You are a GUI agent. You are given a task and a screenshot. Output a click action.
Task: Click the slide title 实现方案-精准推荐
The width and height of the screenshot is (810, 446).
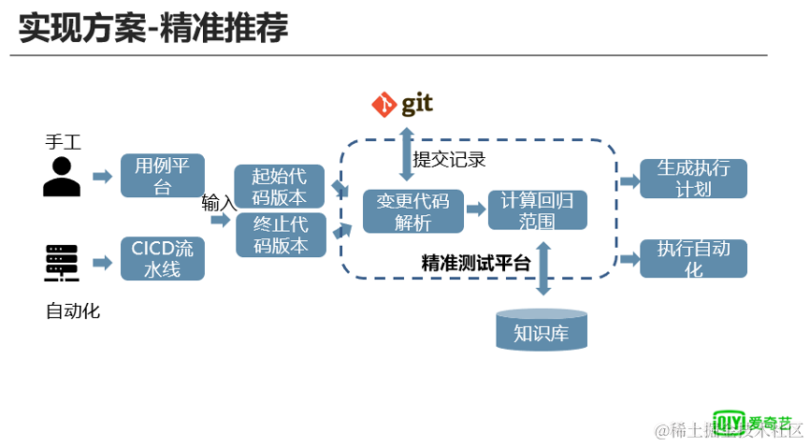click(153, 27)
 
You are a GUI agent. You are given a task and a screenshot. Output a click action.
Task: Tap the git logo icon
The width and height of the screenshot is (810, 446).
click(402, 105)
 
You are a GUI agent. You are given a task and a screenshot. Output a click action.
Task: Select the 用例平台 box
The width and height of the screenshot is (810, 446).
click(162, 176)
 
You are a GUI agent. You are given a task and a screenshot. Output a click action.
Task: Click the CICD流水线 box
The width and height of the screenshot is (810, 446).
click(162, 258)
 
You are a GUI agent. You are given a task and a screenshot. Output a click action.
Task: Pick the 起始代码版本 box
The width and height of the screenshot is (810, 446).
click(280, 186)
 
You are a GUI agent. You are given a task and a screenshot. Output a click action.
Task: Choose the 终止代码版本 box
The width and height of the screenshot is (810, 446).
click(280, 235)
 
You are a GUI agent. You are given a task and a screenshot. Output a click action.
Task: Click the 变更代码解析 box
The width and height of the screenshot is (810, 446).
click(412, 211)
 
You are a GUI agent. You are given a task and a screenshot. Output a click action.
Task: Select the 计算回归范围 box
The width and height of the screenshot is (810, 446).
click(537, 211)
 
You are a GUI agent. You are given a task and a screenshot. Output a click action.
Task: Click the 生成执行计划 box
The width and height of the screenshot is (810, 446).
click(693, 178)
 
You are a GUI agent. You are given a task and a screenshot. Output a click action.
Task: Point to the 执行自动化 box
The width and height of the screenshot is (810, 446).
click(693, 258)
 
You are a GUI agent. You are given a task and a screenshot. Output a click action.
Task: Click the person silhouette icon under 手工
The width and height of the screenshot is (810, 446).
click(62, 177)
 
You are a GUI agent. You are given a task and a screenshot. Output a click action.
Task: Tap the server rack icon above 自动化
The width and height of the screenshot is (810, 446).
click(62, 263)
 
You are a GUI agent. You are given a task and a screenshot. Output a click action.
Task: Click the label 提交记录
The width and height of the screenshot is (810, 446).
click(450, 159)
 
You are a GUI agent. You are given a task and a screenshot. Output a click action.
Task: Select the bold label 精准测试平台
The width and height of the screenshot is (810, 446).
click(476, 263)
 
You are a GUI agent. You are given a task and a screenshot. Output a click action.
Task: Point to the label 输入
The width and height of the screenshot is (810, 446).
click(219, 202)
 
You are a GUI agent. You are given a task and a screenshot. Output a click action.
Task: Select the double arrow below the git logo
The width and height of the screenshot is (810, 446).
click(406, 154)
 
